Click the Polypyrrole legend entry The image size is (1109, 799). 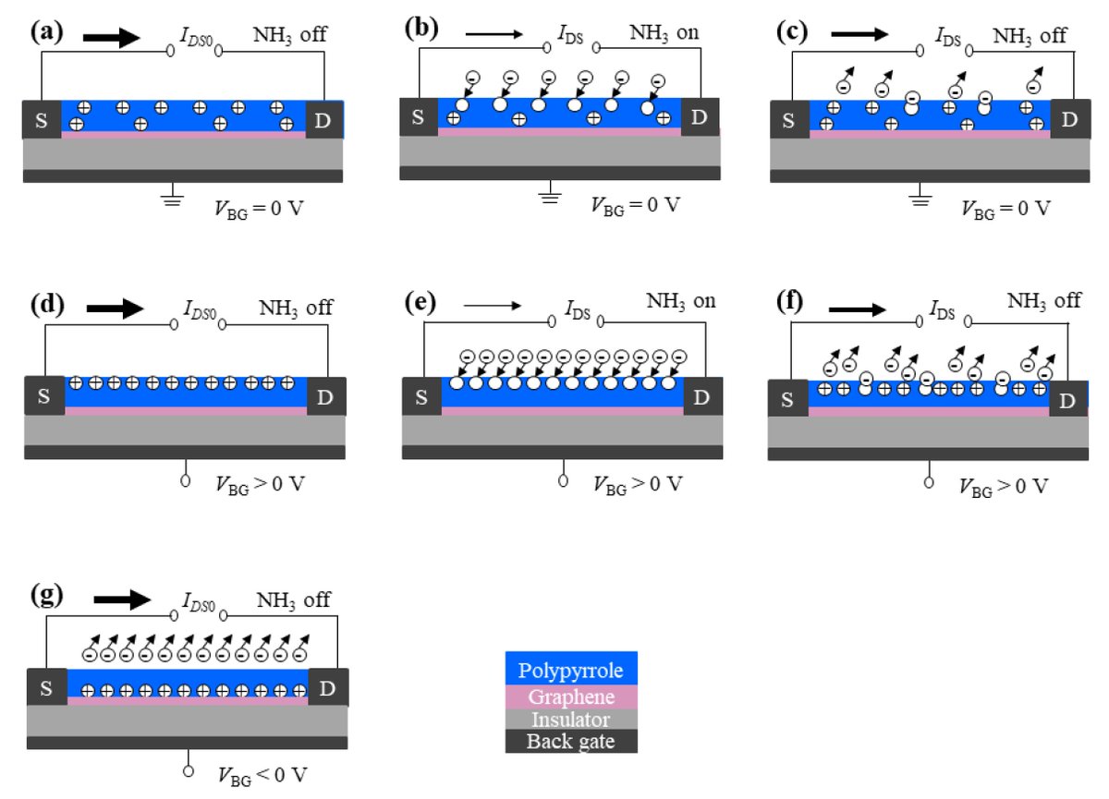pyautogui.click(x=570, y=670)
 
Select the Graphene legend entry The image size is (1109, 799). pyautogui.click(x=570, y=696)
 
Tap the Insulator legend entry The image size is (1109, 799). pyautogui.click(x=570, y=720)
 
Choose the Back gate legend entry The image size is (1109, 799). pyautogui.click(x=570, y=742)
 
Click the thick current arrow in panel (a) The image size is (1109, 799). pyautogui.click(x=111, y=39)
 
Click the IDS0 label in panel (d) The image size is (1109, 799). pyautogui.click(x=193, y=308)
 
